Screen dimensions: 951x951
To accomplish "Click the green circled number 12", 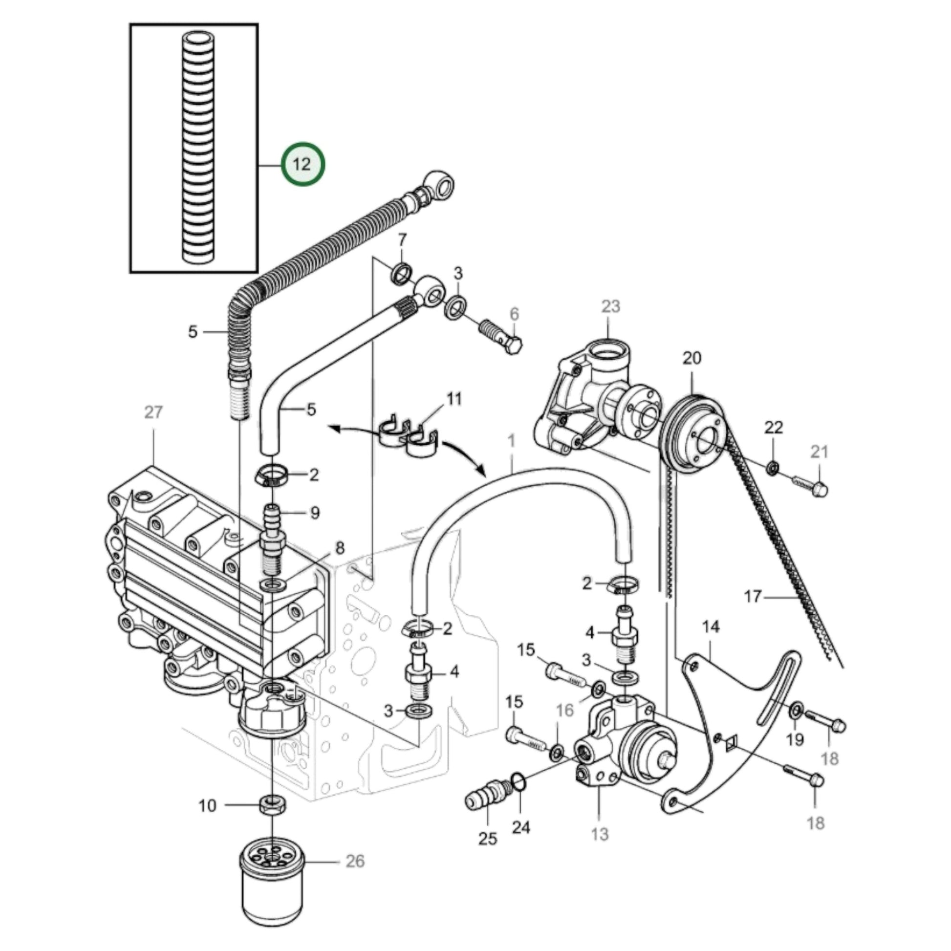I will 302,164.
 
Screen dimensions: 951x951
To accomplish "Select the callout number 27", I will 153,411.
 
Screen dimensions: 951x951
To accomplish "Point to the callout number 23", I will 610,306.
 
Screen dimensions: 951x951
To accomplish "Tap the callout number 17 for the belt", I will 752,597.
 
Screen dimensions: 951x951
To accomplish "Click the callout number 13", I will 600,834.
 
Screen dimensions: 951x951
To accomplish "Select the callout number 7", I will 402,240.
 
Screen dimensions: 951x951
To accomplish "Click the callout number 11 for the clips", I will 454,399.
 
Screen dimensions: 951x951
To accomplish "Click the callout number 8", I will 340,548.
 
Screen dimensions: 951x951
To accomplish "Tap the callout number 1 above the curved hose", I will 512,440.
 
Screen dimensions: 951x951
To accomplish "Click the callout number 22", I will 773,427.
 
